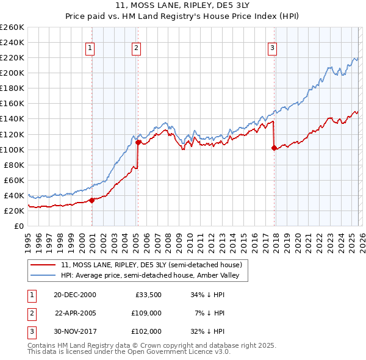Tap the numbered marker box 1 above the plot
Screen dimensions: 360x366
pos(90,48)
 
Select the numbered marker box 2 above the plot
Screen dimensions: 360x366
pos(136,48)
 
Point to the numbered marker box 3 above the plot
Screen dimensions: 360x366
pos(272,48)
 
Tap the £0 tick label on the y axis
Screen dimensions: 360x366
pos(18,226)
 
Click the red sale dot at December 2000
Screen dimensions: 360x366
pos(92,200)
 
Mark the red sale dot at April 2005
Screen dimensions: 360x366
pos(138,142)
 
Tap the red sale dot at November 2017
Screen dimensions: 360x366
pos(274,148)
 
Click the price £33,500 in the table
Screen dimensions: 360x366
pos(148,294)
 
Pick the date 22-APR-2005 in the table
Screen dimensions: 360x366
pos(76,312)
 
